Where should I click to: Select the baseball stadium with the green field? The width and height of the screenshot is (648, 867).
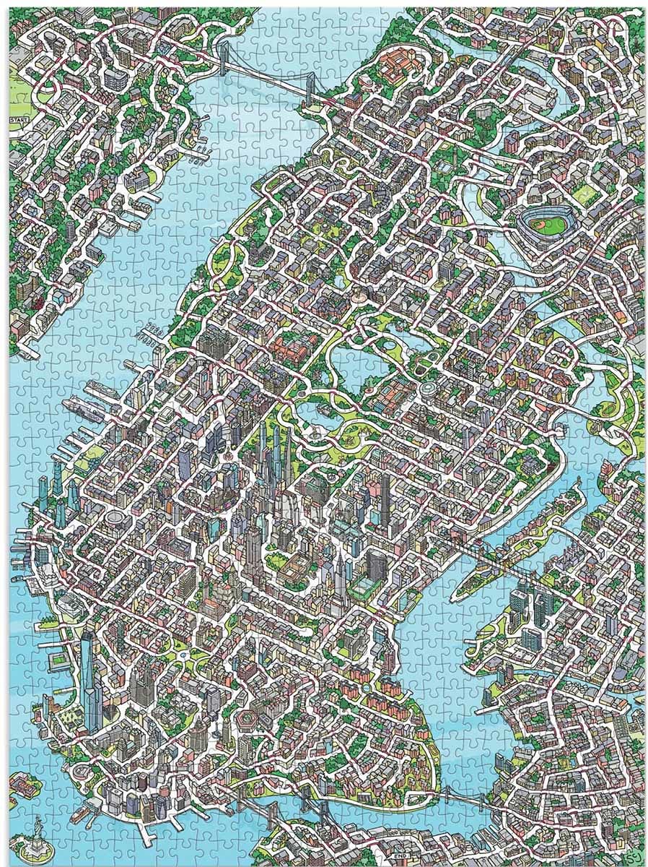click(544, 223)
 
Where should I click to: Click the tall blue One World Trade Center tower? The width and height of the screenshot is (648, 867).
click(89, 679)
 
